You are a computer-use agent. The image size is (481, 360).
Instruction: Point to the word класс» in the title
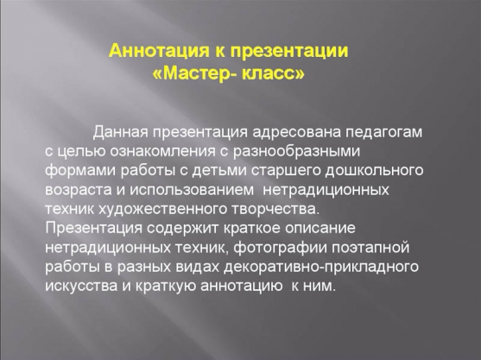(x=274, y=74)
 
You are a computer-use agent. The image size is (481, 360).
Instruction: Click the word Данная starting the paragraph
(x=121, y=132)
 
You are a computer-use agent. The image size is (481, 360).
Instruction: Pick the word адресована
(x=297, y=132)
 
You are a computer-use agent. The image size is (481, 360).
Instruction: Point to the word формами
(x=80, y=171)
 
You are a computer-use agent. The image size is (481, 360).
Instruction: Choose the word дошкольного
(x=374, y=171)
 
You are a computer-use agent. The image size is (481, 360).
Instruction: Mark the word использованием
(x=192, y=190)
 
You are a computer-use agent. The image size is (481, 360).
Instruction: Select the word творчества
(x=275, y=209)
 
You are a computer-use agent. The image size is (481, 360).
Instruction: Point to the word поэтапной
(x=370, y=247)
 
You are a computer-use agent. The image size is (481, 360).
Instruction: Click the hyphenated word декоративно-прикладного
(x=321, y=267)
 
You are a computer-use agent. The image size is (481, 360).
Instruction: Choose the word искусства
(x=81, y=286)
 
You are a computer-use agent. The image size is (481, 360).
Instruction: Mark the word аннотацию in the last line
(x=242, y=286)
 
